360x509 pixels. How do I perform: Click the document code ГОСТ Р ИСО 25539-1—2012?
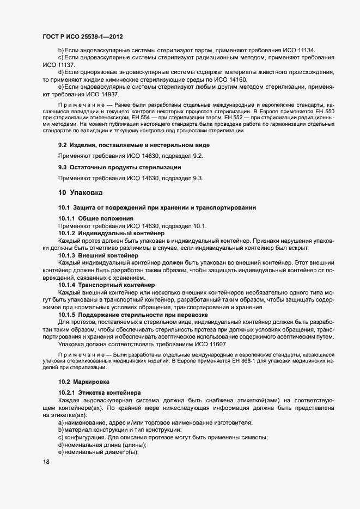point(82,36)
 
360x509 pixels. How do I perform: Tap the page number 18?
point(46,462)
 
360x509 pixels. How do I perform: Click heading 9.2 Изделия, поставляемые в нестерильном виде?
point(133,145)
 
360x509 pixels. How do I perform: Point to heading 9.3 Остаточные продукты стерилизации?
point(119,167)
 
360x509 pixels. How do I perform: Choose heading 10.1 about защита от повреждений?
point(157,208)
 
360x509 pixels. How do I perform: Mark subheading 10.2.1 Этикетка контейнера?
point(100,393)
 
